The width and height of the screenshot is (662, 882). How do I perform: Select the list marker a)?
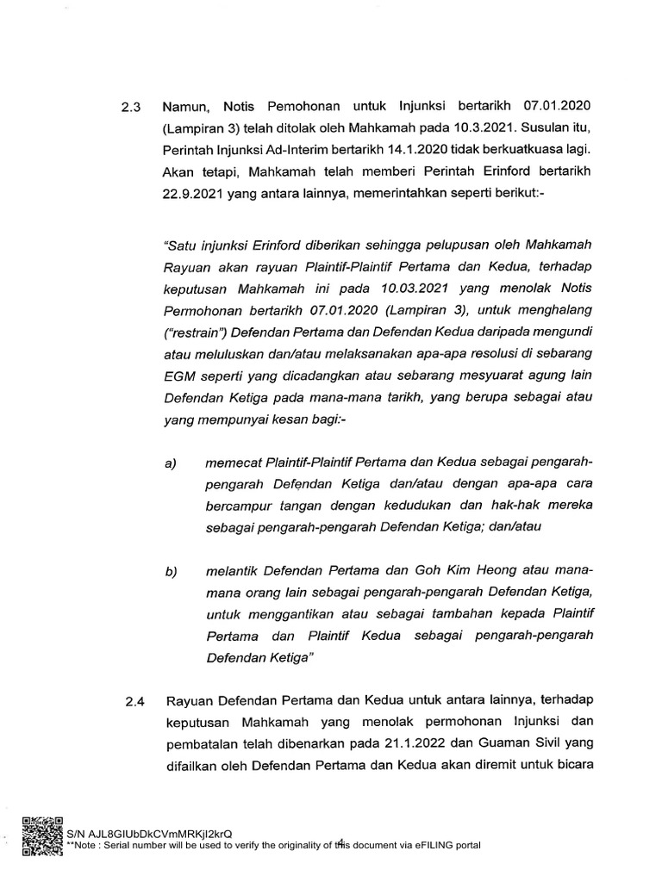(171, 463)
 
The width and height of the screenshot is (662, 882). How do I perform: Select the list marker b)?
(171, 572)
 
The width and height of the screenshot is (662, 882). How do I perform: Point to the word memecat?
(234, 463)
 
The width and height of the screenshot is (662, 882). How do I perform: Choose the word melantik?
(232, 572)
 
